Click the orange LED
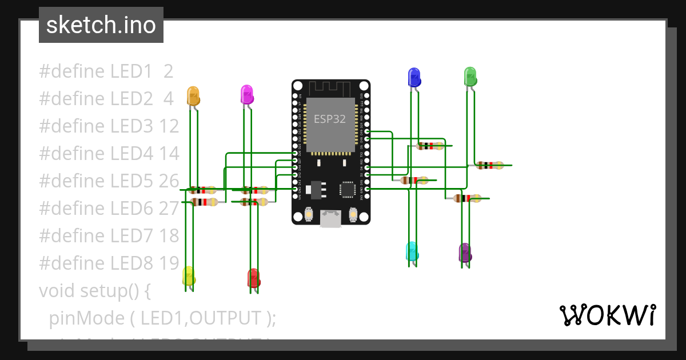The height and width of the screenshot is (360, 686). (x=193, y=96)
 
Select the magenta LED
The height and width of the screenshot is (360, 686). (x=246, y=94)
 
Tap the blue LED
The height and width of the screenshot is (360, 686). (x=414, y=77)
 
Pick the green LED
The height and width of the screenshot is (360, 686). (x=469, y=77)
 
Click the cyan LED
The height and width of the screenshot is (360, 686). (x=412, y=251)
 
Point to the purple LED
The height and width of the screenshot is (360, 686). (x=465, y=253)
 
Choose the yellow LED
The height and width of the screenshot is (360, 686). (x=188, y=276)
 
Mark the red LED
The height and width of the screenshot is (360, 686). (x=253, y=278)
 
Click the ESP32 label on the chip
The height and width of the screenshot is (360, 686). (x=330, y=119)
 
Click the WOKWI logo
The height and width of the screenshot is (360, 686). (x=607, y=315)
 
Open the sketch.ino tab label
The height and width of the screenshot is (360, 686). (x=101, y=25)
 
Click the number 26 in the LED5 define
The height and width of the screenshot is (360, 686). (x=169, y=181)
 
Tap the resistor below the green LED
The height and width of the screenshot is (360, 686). (x=490, y=166)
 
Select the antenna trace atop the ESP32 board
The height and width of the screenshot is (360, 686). (x=330, y=88)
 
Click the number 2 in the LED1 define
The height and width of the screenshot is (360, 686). (x=168, y=71)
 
